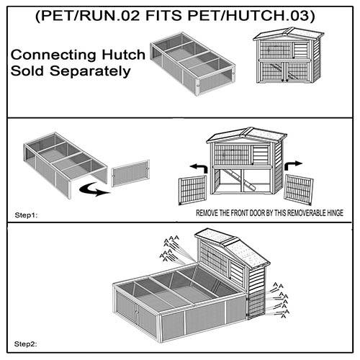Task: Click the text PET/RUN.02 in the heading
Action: pos(91,16)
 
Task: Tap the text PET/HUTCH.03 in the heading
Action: pos(248,16)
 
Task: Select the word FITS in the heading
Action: pos(163,16)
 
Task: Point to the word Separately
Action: pos(90,71)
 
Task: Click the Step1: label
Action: pos(26,215)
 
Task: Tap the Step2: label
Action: pos(26,344)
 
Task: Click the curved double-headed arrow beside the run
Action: pos(94,189)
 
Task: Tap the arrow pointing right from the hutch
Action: pos(293,166)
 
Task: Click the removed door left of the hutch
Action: pos(192,190)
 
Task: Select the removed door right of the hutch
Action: pos(298,189)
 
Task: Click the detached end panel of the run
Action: pos(130,173)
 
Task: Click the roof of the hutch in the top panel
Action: pos(289,34)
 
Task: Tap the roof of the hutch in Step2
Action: pos(233,247)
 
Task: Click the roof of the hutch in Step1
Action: pos(247,135)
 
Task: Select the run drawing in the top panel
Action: pos(193,64)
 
